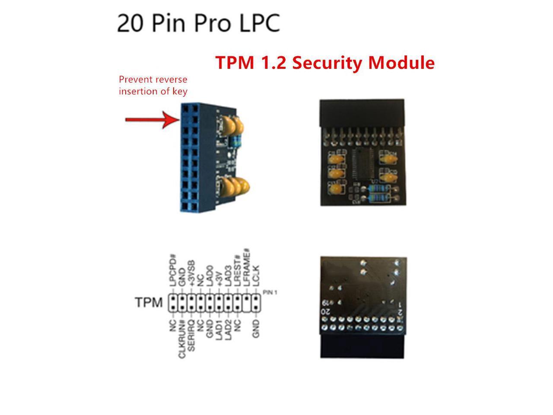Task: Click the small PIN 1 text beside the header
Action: tap(270, 293)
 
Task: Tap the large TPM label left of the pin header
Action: tap(149, 302)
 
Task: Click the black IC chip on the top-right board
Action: tap(362, 164)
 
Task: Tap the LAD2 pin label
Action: tap(228, 332)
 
